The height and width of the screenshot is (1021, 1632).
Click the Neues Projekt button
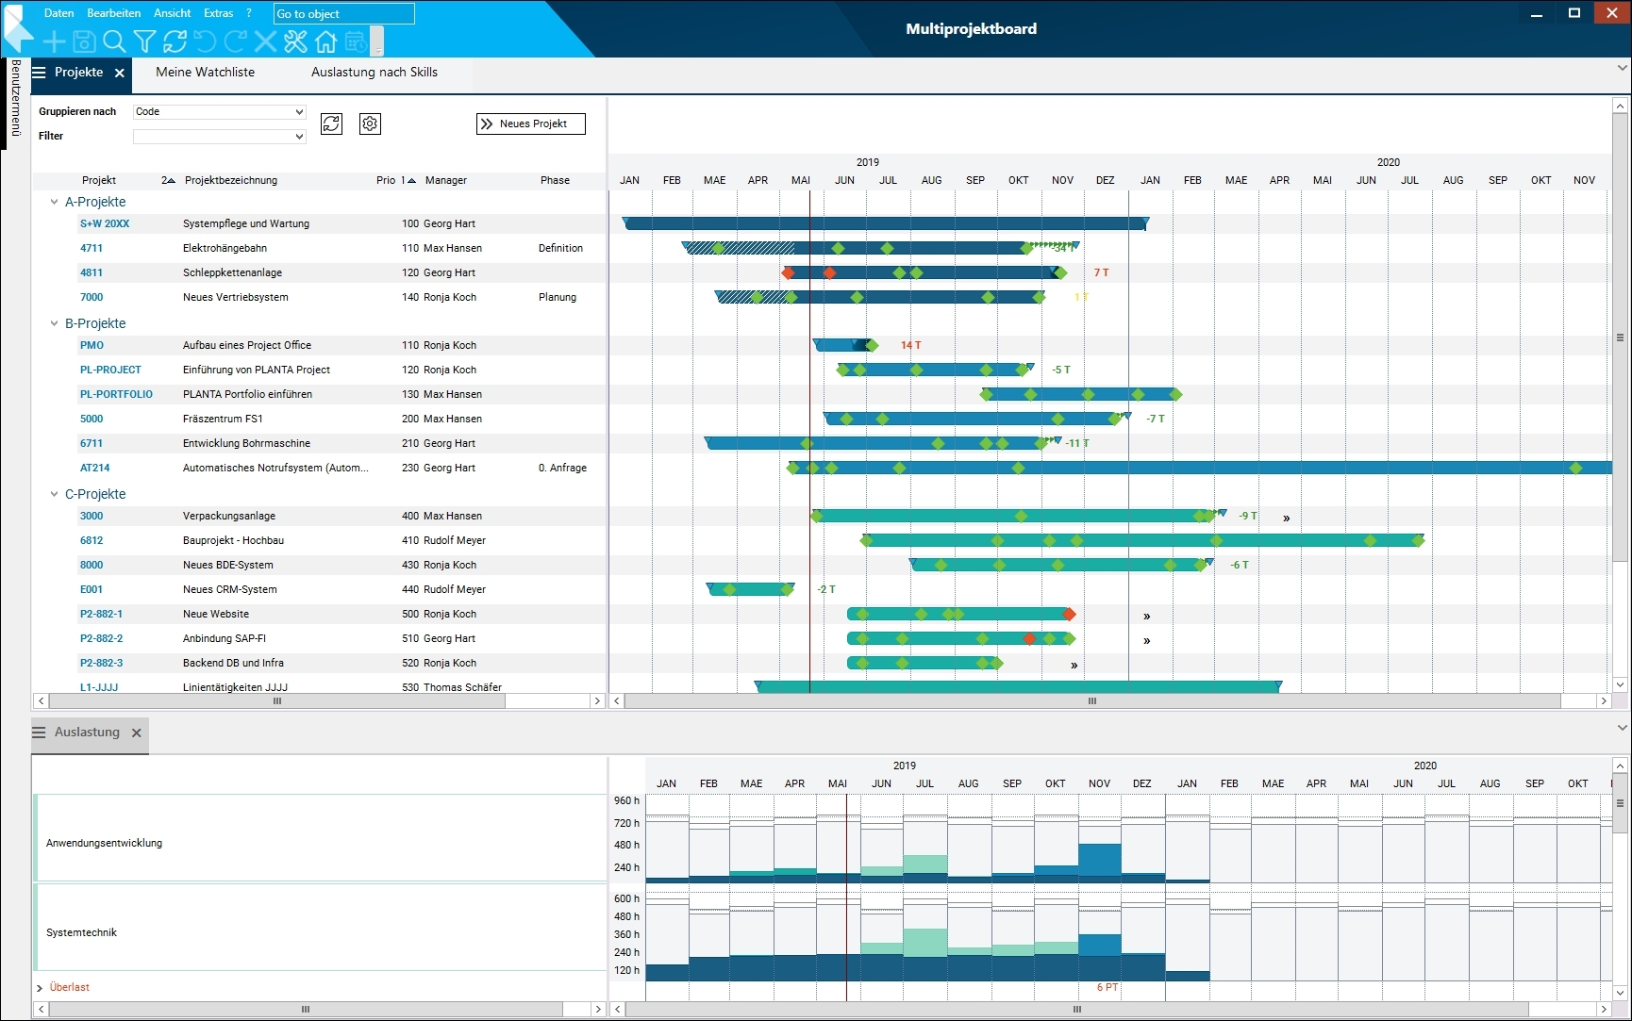(x=531, y=124)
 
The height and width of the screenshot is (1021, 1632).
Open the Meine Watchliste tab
(x=205, y=73)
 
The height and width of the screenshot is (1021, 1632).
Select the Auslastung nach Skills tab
(x=374, y=73)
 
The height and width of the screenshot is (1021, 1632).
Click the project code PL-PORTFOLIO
(x=116, y=394)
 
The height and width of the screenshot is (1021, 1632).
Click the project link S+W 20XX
(x=105, y=223)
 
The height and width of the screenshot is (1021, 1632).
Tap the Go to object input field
(x=343, y=14)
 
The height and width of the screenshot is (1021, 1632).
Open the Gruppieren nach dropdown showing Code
(x=219, y=111)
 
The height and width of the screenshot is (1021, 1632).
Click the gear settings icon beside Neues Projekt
(x=370, y=124)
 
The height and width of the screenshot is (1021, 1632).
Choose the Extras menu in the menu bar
(x=218, y=13)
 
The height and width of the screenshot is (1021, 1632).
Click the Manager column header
(x=445, y=180)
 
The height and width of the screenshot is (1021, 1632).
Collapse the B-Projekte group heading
(x=55, y=323)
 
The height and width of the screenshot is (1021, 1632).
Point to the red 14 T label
(x=910, y=345)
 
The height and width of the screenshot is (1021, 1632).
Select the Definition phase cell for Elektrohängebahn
(x=560, y=248)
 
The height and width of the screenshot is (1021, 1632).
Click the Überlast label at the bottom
(x=69, y=987)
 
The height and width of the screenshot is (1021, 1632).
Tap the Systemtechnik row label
(x=82, y=932)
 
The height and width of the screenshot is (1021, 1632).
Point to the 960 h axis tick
(x=626, y=800)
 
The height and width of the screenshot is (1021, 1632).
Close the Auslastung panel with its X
(x=137, y=733)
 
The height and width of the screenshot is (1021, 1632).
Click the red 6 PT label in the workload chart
(x=1107, y=987)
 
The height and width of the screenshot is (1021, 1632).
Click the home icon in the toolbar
(x=325, y=41)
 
